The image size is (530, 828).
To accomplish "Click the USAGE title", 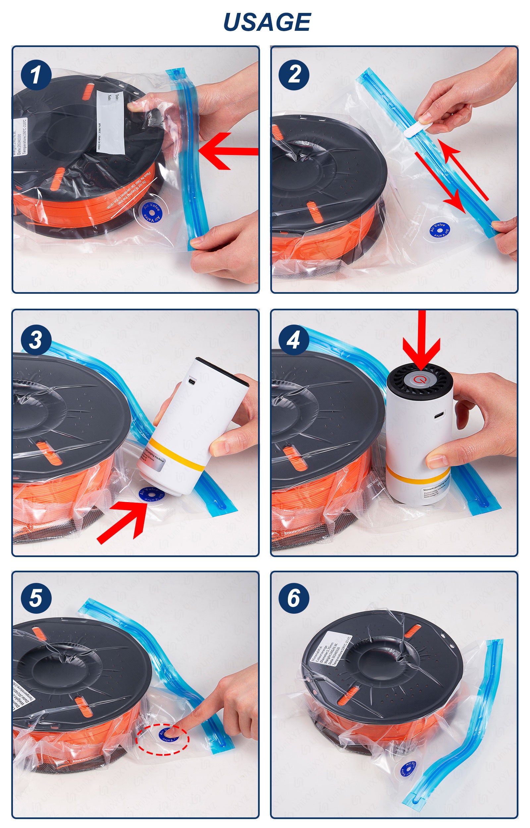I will click(x=267, y=22).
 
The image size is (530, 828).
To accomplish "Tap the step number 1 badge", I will click(x=36, y=75).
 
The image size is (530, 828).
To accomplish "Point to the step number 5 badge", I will click(x=36, y=598).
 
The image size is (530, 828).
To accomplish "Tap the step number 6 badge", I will click(x=294, y=598).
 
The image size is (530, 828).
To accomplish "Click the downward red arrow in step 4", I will click(x=422, y=344).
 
